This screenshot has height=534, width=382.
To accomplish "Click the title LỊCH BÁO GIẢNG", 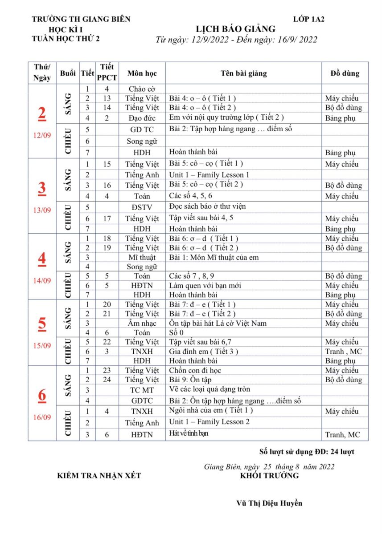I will (236, 29).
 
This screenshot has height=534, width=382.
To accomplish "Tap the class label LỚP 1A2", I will (308, 19).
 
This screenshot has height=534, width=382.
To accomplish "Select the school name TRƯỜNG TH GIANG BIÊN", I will (81, 19).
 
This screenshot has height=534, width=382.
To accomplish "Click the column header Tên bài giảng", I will (244, 73).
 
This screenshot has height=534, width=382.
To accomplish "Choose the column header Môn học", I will (142, 73).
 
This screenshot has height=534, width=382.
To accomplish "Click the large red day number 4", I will (42, 259).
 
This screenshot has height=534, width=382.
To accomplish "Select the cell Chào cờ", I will (142, 89).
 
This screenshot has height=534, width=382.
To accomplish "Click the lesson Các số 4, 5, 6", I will (191, 196).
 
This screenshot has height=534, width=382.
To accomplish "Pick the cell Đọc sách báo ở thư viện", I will (207, 206).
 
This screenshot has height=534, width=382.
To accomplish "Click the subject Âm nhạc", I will (142, 324).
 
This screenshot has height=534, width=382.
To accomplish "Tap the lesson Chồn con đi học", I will (195, 370).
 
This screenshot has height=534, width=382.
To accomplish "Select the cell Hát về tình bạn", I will (189, 433).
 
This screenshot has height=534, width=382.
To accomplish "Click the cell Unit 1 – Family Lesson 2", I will (209, 422).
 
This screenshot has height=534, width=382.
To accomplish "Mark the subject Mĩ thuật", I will (142, 258).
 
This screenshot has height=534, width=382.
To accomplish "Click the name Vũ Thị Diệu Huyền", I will (269, 503).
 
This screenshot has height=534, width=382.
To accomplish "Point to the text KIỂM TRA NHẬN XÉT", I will (99, 476).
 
